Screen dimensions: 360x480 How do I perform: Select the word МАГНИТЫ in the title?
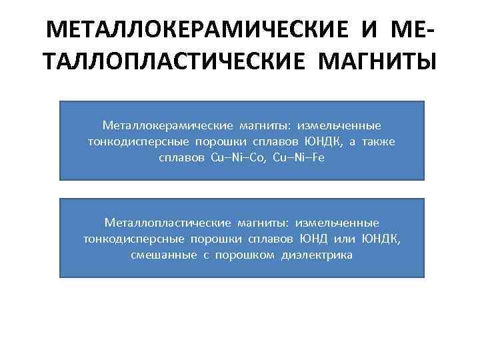tap(378, 63)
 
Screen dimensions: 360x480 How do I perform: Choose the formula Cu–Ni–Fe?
tap(298, 159)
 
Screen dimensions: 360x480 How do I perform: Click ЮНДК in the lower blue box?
tap(381, 239)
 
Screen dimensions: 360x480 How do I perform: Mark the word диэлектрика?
tap(316, 255)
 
